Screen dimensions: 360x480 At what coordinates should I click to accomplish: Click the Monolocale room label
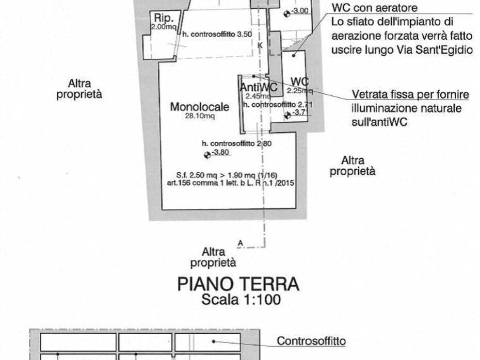(x=199, y=107)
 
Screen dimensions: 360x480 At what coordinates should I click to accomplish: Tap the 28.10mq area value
(x=200, y=116)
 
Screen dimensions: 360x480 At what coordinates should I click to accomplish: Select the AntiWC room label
(x=258, y=88)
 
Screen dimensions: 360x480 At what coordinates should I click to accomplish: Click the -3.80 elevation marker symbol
(x=207, y=154)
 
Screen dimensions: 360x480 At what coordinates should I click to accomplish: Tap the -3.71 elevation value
(x=299, y=113)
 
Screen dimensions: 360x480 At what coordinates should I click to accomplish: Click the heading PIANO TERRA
(x=238, y=284)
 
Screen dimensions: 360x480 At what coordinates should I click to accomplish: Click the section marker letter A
(x=240, y=241)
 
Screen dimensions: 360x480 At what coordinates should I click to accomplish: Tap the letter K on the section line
(x=260, y=45)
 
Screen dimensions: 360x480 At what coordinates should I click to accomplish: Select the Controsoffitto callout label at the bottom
(x=311, y=341)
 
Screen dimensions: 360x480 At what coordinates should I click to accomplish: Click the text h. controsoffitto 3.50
(x=210, y=34)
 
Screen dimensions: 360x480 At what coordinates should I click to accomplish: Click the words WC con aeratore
(x=374, y=8)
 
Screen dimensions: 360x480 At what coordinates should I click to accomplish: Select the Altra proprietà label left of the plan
(x=79, y=89)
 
